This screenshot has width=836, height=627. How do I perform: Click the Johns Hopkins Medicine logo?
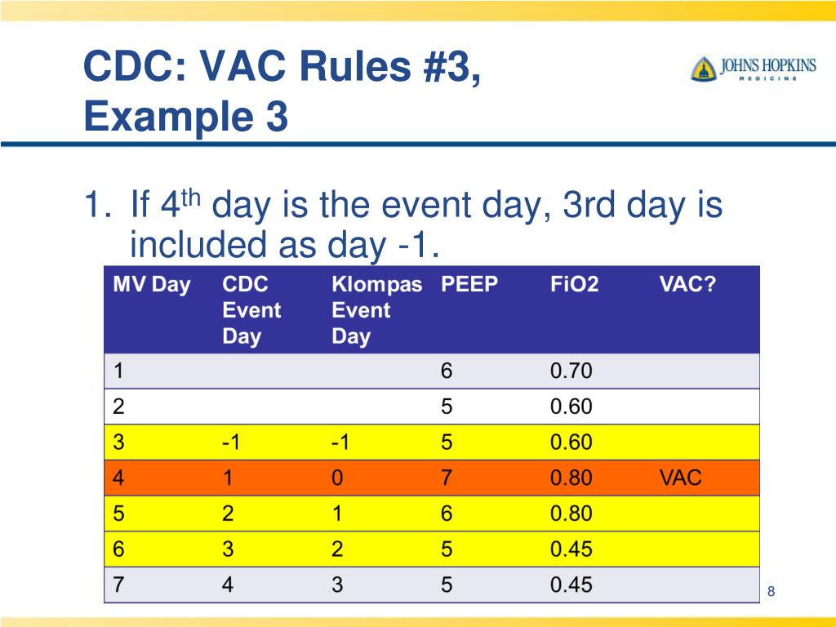(x=753, y=69)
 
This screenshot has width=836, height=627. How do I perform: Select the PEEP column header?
(x=469, y=285)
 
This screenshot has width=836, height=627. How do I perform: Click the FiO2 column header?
(x=574, y=285)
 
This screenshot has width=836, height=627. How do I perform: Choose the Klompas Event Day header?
(x=376, y=310)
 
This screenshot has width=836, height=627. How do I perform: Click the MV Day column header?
(x=151, y=285)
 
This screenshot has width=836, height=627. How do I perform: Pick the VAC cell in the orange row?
(x=680, y=478)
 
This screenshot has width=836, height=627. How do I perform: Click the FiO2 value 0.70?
(x=571, y=371)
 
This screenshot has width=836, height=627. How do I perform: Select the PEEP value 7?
(x=447, y=478)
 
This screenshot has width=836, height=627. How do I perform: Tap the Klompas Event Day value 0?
(x=337, y=478)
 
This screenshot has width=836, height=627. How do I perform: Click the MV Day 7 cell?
(x=118, y=585)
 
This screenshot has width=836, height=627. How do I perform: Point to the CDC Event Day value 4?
(x=229, y=585)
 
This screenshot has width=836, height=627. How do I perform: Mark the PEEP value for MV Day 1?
(x=447, y=371)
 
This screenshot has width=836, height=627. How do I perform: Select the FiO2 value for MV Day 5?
(x=571, y=514)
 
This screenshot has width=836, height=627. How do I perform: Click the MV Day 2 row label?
(x=118, y=407)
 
